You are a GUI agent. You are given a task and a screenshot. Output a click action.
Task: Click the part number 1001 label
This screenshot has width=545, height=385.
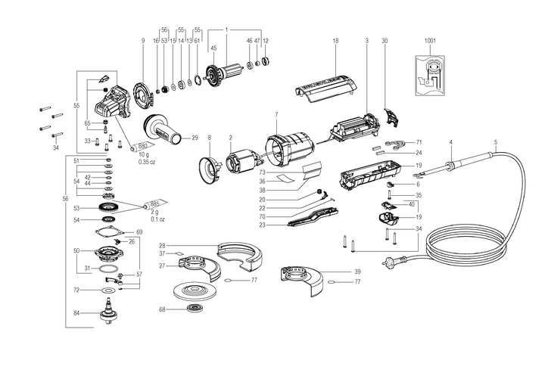click(431, 40)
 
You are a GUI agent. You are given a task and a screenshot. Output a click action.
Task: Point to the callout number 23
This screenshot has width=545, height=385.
click(262, 225)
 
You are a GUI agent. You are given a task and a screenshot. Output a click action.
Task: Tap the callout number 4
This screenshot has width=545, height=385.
click(450, 142)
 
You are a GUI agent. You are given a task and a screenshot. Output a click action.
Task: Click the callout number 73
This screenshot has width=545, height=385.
click(262, 172)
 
